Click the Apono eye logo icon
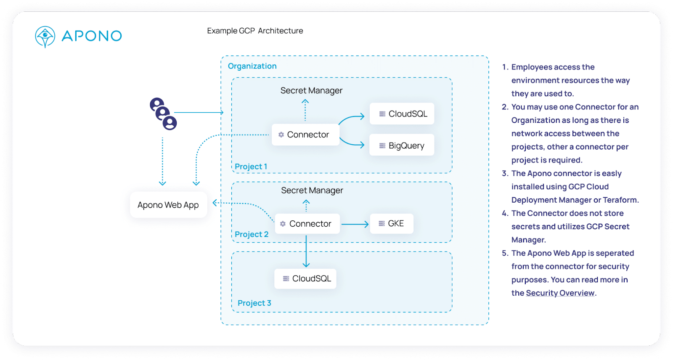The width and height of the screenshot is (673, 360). (x=45, y=37)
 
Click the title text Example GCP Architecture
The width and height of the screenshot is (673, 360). (x=255, y=31)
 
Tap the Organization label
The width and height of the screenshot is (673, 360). (x=252, y=66)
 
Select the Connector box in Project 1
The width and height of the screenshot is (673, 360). (x=305, y=135)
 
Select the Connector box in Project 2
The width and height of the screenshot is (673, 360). (x=307, y=224)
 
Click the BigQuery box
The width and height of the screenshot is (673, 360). (x=402, y=145)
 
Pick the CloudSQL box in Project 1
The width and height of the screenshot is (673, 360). (x=402, y=114)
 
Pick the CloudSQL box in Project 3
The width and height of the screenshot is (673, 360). (x=305, y=278)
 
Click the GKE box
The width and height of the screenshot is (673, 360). (x=392, y=223)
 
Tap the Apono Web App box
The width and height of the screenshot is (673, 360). (x=168, y=205)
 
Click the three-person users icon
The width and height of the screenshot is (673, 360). (x=163, y=114)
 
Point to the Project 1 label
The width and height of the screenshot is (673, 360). (x=251, y=167)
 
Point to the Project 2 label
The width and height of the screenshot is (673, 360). (x=252, y=234)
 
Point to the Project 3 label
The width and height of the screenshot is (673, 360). (x=254, y=303)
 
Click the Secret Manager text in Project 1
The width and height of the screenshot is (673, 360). (x=311, y=90)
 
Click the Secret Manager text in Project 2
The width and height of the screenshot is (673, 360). (x=312, y=190)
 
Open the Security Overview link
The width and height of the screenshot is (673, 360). (x=560, y=293)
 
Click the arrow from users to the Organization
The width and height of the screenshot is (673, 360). (x=199, y=112)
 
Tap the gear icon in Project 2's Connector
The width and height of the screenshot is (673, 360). (x=283, y=224)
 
